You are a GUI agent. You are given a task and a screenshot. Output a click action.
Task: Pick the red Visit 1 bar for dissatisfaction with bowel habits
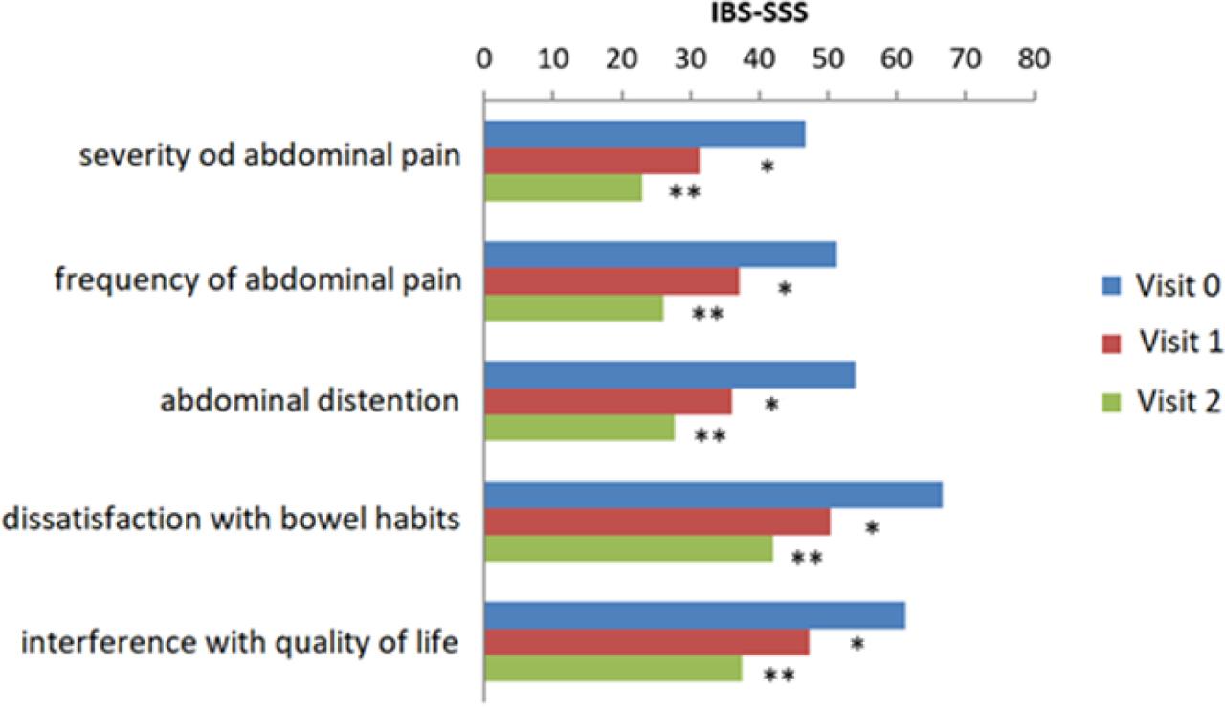coord(657,522)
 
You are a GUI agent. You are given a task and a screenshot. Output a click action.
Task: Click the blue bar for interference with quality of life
coord(694,615)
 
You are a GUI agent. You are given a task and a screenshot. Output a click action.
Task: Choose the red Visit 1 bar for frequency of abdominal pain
coord(612,281)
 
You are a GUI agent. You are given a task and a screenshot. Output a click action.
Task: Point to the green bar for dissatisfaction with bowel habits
coord(628,548)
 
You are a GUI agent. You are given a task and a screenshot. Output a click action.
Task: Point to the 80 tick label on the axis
coord(1033,59)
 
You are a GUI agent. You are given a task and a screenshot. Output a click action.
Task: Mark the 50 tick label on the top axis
coord(828,59)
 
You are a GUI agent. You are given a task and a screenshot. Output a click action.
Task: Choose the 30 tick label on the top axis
coord(690,59)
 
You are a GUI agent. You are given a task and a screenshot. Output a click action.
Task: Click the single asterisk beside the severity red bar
coord(767,167)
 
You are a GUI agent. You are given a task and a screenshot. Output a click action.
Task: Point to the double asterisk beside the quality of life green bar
coord(779,677)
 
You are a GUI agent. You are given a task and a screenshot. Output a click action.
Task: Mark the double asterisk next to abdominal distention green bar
coord(709,437)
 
